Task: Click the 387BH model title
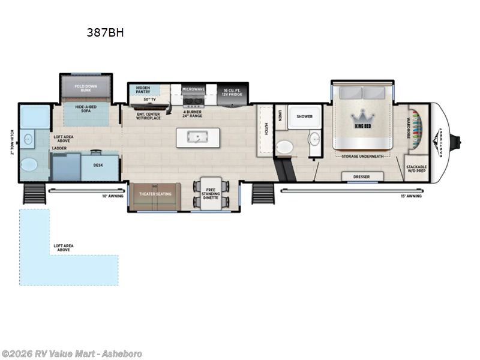pyautogui.click(x=105, y=33)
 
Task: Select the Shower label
pyautogui.click(x=305, y=117)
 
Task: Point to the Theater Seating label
pyautogui.click(x=155, y=193)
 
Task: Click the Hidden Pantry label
pyautogui.click(x=143, y=90)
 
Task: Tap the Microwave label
pyautogui.click(x=194, y=89)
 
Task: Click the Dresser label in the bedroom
pyautogui.click(x=361, y=176)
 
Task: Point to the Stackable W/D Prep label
pyautogui.click(x=416, y=169)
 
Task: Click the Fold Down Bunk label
pyautogui.click(x=86, y=88)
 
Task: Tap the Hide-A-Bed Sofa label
pyautogui.click(x=86, y=109)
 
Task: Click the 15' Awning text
pyautogui.click(x=411, y=196)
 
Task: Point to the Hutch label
pyautogui.click(x=265, y=128)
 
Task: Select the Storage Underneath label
pyautogui.click(x=362, y=156)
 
